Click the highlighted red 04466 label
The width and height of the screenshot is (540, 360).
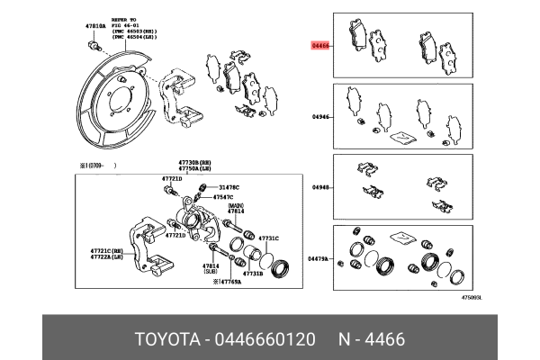coord(321,43)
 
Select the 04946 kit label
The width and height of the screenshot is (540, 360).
coord(321,116)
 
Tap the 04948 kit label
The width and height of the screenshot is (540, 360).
coord(321,187)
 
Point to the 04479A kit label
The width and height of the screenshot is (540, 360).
coord(321,259)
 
